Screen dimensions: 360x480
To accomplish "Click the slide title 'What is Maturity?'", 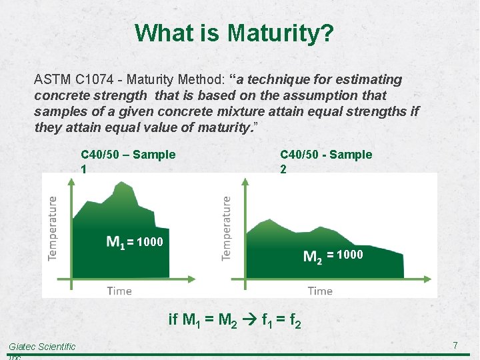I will pyautogui.click(x=235, y=33).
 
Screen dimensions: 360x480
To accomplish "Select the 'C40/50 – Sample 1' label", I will pyautogui.click(x=128, y=161).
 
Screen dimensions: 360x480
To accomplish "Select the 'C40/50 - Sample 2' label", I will pyautogui.click(x=326, y=161).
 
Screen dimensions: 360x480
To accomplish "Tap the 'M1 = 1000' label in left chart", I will pyautogui.click(x=134, y=242).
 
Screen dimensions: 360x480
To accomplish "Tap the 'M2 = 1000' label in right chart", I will pyautogui.click(x=333, y=255).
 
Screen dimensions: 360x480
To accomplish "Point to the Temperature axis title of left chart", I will pyautogui.click(x=53, y=229).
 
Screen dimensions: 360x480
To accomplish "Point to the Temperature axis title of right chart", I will pyautogui.click(x=227, y=229).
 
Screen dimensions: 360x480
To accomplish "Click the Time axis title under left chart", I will pyautogui.click(x=119, y=291).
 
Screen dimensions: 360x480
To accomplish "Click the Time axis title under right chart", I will pyautogui.click(x=320, y=291).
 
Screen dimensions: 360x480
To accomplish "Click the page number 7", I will pyautogui.click(x=455, y=345).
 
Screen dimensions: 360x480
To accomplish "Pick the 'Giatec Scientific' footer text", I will pyautogui.click(x=42, y=346).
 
